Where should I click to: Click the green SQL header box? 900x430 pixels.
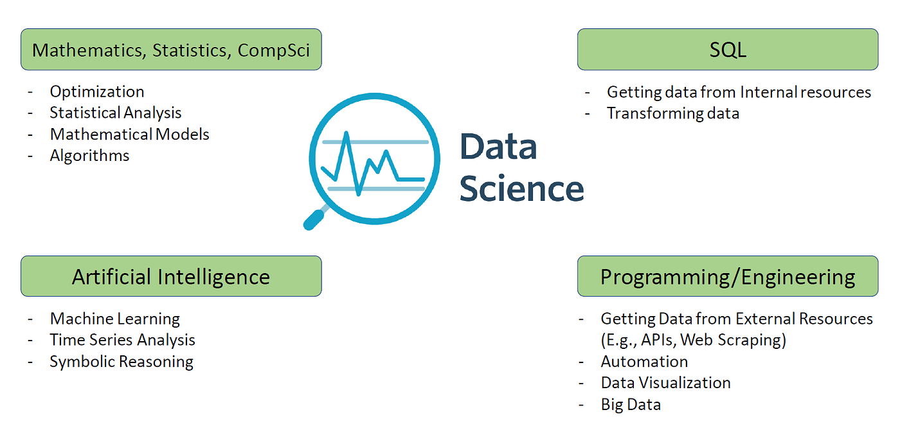[727, 50]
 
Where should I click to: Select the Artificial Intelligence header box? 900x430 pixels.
[170, 277]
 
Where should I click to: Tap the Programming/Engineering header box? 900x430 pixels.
[727, 277]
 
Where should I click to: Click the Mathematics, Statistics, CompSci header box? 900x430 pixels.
[170, 50]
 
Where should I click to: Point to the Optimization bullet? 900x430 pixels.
[97, 91]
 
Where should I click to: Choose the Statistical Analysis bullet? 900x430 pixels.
[116, 113]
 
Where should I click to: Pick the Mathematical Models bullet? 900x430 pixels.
[129, 134]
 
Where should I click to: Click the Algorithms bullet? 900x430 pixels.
[89, 155]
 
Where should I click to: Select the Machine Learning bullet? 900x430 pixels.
[114, 319]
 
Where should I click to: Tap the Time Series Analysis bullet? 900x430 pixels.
[122, 340]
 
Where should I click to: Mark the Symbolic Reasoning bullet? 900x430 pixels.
[122, 361]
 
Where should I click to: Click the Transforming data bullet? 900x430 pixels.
[672, 113]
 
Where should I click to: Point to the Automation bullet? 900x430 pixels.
[644, 361]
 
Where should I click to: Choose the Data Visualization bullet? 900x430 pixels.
[665, 382]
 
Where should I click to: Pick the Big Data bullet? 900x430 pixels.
[630, 404]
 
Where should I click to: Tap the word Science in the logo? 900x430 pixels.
[521, 189]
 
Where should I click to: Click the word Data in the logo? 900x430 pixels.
[498, 147]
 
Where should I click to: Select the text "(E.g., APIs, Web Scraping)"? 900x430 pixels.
[693, 340]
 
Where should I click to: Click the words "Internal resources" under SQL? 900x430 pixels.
[806, 92]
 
